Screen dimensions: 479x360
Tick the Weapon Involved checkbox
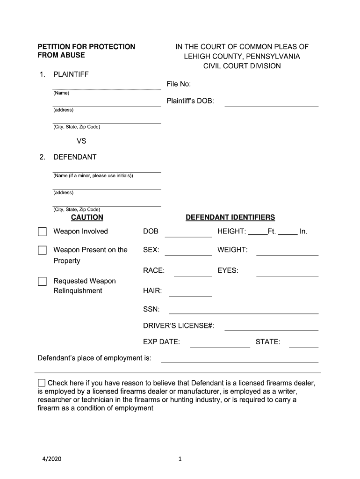pyautogui.click(x=43, y=232)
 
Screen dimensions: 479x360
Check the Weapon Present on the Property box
pyautogui.click(x=43, y=250)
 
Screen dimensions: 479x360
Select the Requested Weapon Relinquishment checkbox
pyautogui.click(x=43, y=282)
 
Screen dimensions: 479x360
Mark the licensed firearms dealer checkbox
pyautogui.click(x=42, y=383)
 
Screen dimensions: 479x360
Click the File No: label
pyautogui.click(x=179, y=84)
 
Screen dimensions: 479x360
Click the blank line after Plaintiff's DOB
pyautogui.click(x=271, y=105)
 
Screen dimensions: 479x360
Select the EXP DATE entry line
pyautogui.click(x=220, y=346)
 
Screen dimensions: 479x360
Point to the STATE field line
pyautogui.click(x=303, y=346)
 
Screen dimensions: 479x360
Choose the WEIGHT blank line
pyautogui.click(x=287, y=254)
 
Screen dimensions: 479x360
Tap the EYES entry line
pyautogui.click(x=287, y=275)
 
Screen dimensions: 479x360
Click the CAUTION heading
pyautogui.click(x=87, y=218)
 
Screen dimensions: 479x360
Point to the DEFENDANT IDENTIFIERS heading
pyautogui.click(x=230, y=218)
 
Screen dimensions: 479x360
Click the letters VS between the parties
pyautogui.click(x=81, y=141)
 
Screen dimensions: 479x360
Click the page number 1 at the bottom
pyautogui.click(x=180, y=459)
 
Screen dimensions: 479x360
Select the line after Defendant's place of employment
pyautogui.click(x=239, y=361)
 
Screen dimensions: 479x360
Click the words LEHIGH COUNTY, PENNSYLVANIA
pyautogui.click(x=242, y=57)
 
